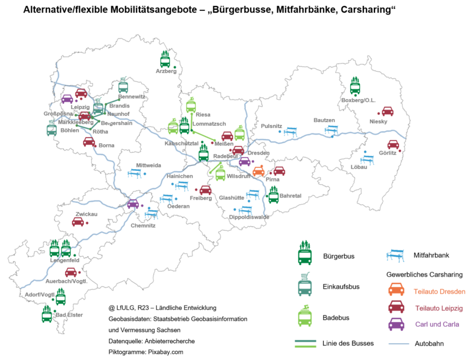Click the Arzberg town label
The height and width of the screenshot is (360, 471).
166,71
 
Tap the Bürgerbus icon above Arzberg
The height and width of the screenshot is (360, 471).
165,59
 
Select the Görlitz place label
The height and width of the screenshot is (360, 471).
388,153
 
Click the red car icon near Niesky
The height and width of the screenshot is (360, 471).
387,112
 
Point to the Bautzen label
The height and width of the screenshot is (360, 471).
324,120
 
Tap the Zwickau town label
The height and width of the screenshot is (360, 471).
86,214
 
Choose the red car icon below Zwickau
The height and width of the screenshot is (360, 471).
78,222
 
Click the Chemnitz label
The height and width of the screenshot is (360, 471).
143,226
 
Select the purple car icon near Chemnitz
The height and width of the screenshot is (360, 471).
133,204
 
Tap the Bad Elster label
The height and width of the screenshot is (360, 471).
69,315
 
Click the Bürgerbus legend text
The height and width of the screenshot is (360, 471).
339,256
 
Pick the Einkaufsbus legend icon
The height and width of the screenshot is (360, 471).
304,284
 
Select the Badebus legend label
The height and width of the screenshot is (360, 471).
336,318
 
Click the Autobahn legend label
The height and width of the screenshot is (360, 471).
430,345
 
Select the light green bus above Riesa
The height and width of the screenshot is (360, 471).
191,105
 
